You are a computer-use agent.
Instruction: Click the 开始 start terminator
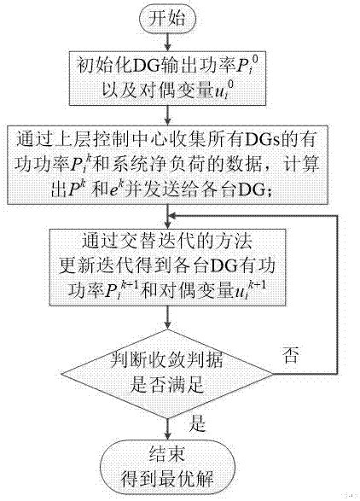(167, 18)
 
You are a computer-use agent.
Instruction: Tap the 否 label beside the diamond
(291, 355)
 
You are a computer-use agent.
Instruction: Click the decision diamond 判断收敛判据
(167, 374)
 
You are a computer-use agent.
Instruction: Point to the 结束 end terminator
(168, 467)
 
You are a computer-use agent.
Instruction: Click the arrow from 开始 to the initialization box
(167, 41)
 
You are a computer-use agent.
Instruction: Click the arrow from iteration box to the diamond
(167, 317)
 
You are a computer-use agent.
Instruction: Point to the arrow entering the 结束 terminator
(167, 429)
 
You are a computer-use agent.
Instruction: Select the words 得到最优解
(167, 479)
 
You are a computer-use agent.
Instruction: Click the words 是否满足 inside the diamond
(166, 385)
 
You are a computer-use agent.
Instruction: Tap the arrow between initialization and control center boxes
(167, 115)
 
